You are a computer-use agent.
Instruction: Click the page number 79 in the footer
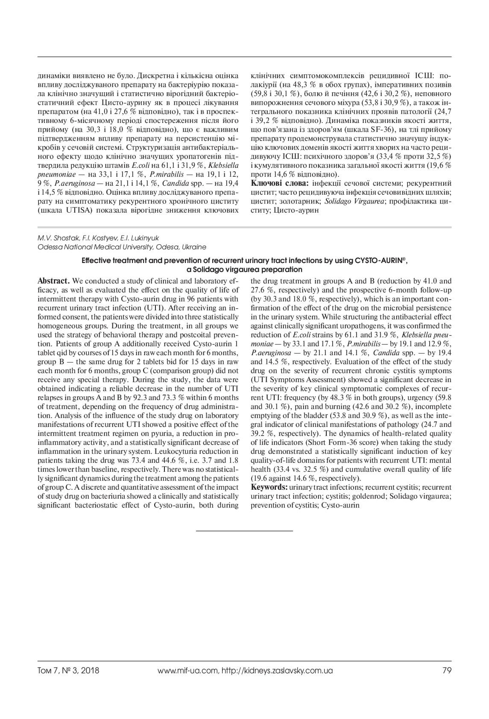coord(447,670)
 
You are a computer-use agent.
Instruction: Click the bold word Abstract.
coord(53,281)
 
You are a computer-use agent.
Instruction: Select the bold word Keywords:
coord(269,487)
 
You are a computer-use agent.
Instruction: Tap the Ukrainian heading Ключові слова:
coord(280,183)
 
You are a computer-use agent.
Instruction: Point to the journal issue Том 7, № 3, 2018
coord(68,670)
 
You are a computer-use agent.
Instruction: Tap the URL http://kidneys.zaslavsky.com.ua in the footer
coord(277,670)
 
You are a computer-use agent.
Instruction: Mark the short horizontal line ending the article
coord(244,530)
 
